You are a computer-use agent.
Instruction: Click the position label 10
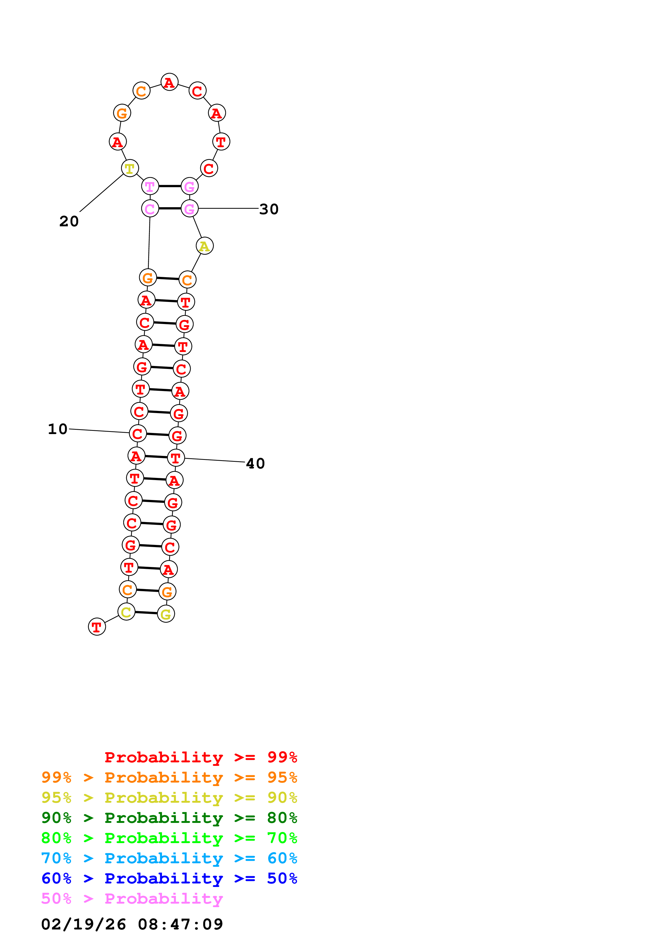(58, 429)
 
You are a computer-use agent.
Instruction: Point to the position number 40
(255, 463)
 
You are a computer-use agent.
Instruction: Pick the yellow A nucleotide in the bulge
(205, 246)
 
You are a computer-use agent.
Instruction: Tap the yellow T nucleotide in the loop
(130, 168)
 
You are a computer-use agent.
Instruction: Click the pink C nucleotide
(150, 209)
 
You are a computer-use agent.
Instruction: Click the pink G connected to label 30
(189, 209)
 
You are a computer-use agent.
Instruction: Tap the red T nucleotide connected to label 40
(176, 458)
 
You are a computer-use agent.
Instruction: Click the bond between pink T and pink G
(170, 186)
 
